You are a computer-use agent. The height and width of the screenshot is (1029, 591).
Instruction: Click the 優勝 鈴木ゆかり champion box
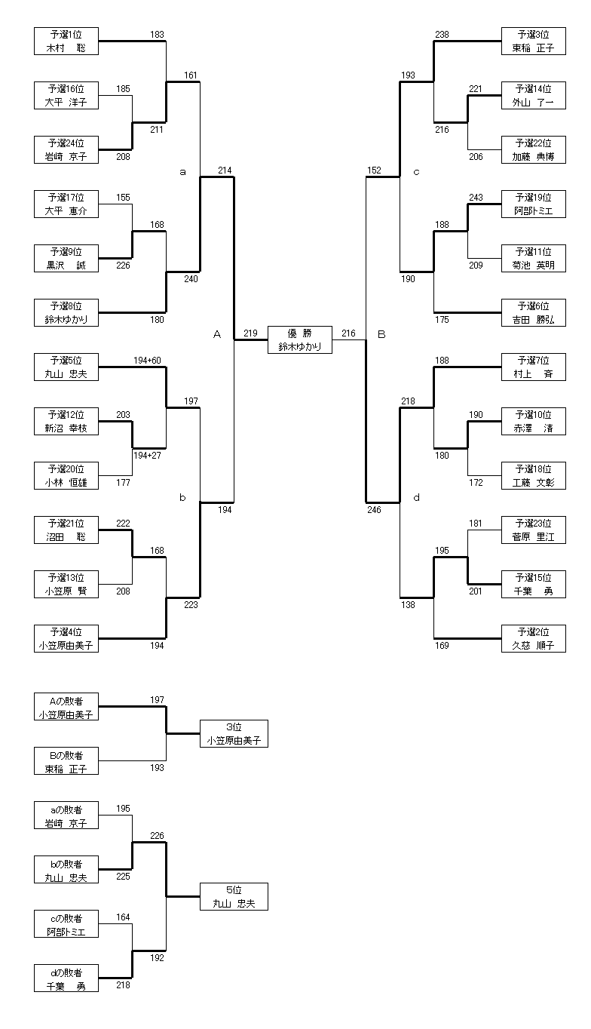coord(299,339)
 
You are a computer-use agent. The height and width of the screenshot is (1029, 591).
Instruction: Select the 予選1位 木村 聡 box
coord(66,41)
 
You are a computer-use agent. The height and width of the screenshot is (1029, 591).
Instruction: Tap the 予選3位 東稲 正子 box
coord(533,41)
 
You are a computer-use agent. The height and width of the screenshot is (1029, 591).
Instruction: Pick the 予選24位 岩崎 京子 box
coord(66,149)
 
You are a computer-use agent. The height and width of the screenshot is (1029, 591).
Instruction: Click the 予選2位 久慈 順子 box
coord(533,638)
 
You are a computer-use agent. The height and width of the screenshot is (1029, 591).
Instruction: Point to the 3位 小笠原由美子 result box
coord(234,733)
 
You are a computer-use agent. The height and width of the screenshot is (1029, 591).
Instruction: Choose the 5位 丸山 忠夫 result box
coord(234,896)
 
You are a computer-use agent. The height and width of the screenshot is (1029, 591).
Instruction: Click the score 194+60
coord(147,361)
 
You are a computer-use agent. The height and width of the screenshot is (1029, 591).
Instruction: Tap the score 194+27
coord(147,456)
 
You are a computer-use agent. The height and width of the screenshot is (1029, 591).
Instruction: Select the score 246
coord(374,510)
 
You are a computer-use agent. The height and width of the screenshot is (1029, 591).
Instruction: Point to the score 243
coord(476,198)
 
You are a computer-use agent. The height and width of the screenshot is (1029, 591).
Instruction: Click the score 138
coord(408,605)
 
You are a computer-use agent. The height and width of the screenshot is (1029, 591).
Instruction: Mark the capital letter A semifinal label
coord(216,334)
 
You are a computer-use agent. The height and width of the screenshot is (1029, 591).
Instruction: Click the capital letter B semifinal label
coord(381,334)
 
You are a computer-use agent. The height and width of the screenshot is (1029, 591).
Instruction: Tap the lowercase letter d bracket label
coord(416,497)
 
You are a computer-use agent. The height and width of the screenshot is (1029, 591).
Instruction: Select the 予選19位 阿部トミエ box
coord(533,204)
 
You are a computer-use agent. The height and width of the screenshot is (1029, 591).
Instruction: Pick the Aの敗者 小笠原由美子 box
coord(66,708)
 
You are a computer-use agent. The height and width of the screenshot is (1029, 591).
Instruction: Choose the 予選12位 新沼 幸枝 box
coord(66,421)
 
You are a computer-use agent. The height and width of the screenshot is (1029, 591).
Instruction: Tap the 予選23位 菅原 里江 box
coord(533,530)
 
